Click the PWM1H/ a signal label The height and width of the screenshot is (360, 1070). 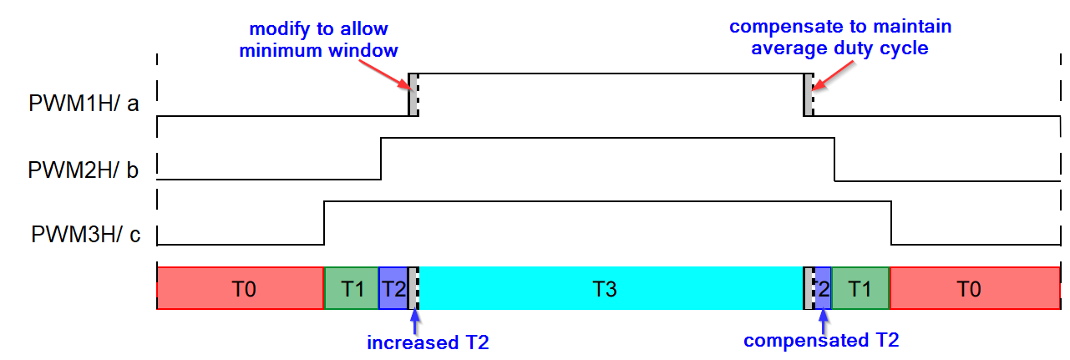[x=84, y=106]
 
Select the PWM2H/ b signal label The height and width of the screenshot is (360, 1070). [x=84, y=170]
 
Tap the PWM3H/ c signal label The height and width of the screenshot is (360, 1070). [x=84, y=235]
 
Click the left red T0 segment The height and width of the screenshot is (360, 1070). [x=241, y=288]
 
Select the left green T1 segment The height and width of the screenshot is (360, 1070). [x=352, y=288]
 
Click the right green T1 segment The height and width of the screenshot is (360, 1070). [x=861, y=288]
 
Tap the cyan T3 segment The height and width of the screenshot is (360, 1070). [x=610, y=288]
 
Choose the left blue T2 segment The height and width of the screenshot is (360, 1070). [x=393, y=288]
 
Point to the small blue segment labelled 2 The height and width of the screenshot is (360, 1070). [x=824, y=288]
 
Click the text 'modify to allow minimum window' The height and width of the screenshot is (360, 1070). [x=318, y=40]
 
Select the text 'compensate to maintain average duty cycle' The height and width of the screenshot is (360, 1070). [x=840, y=37]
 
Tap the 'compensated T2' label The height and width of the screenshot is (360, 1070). [x=821, y=340]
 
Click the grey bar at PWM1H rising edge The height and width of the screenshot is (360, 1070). [x=413, y=95]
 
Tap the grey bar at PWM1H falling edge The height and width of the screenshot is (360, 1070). [x=808, y=95]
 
